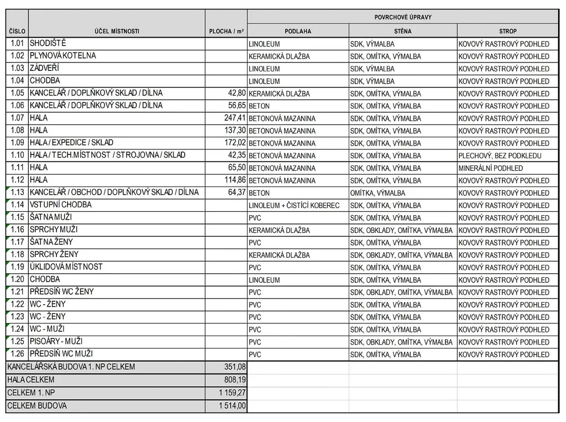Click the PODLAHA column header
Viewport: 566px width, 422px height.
pyautogui.click(x=298, y=31)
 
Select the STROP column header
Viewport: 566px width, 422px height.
pyautogui.click(x=507, y=31)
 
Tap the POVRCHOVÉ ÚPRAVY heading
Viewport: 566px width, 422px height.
pyautogui.click(x=402, y=17)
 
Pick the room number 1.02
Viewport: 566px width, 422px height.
pyautogui.click(x=18, y=56)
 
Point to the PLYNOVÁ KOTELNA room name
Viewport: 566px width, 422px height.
pyautogui.click(x=62, y=56)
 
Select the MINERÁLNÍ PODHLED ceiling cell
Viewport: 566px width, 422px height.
pyautogui.click(x=490, y=168)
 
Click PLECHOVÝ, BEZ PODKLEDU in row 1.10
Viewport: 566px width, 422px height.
pyautogui.click(x=500, y=156)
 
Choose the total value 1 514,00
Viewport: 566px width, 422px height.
pyautogui.click(x=232, y=406)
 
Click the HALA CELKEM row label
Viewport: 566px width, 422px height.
pyautogui.click(x=31, y=380)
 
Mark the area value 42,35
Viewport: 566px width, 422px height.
pyautogui.click(x=236, y=155)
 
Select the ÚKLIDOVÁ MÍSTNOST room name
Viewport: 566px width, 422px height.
pyautogui.click(x=66, y=267)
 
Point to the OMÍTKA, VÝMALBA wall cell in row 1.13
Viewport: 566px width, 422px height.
pyautogui.click(x=378, y=193)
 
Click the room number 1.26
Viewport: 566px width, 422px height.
pyautogui.click(x=18, y=354)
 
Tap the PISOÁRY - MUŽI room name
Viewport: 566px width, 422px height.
pyautogui.click(x=56, y=342)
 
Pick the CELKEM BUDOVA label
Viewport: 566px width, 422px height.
pyautogui.click(x=37, y=406)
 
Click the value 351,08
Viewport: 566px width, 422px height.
pyautogui.click(x=234, y=367)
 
